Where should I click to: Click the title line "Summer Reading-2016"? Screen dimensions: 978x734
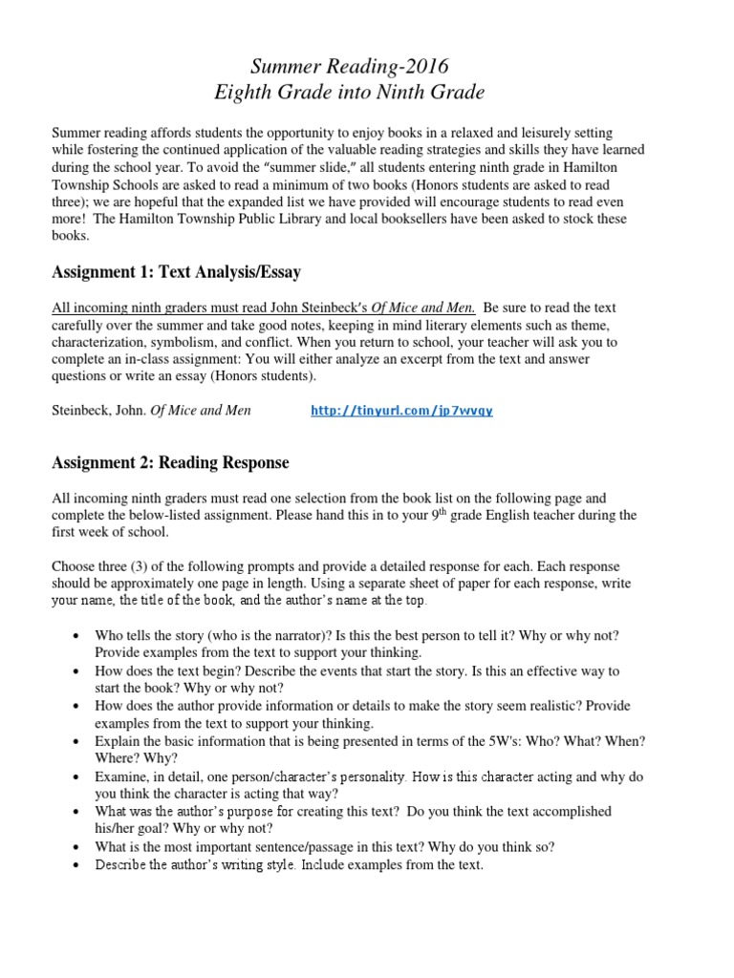349,67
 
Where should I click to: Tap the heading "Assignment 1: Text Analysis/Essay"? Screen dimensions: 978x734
176,273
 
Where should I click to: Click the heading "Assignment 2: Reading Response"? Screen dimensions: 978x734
170,463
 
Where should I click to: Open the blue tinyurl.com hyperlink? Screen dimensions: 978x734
402,411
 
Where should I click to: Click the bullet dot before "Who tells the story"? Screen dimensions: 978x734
76,636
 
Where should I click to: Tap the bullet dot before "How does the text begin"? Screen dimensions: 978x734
76,671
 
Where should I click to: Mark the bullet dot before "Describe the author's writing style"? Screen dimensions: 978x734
76,865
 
